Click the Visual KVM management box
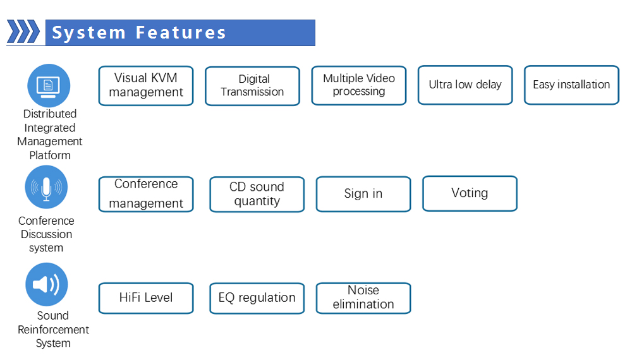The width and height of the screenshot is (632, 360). (146, 85)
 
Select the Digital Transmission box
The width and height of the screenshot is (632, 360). (252, 86)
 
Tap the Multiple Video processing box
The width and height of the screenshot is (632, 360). (359, 85)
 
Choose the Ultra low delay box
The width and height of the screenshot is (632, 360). (465, 85)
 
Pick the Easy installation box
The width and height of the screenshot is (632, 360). (571, 85)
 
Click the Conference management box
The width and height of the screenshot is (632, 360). (146, 194)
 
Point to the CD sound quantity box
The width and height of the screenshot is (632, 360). (257, 194)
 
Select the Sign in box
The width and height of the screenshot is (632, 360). (363, 194)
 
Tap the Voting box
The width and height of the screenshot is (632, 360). (470, 193)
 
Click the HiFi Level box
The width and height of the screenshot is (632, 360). (146, 298)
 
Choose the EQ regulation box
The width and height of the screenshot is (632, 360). (257, 298)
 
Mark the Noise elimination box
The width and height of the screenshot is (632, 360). (363, 297)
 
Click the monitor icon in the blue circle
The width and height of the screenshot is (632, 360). (48, 85)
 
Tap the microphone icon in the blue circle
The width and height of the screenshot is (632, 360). (46, 188)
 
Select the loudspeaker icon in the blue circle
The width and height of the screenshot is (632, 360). (46, 285)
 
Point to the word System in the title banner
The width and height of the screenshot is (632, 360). (89, 33)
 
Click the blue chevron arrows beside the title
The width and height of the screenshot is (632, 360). (24, 32)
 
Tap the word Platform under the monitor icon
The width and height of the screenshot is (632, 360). (50, 155)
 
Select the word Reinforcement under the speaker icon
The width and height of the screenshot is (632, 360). (53, 330)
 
